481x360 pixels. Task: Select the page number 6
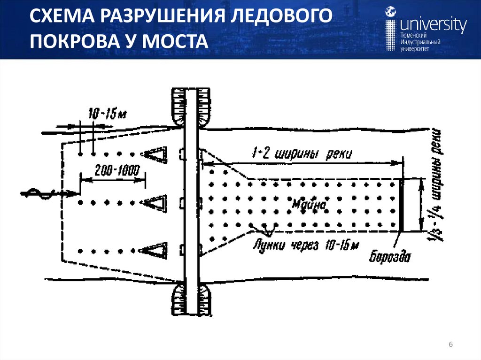pos(450,345)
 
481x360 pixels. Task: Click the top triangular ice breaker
pos(155,153)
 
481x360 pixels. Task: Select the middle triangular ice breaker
pos(155,202)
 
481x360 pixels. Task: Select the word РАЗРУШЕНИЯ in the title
pos(158,19)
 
